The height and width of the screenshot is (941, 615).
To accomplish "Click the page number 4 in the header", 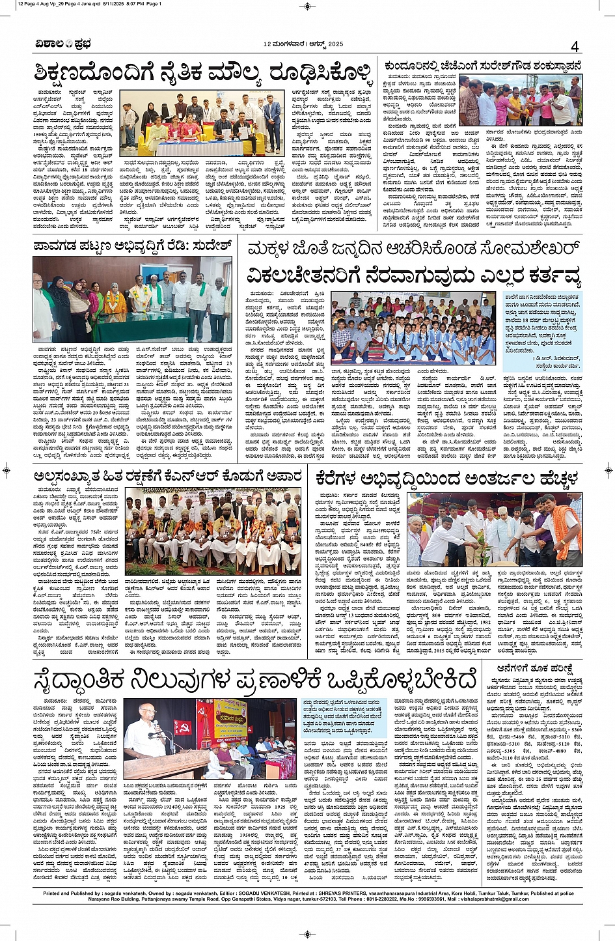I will [575, 46].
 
